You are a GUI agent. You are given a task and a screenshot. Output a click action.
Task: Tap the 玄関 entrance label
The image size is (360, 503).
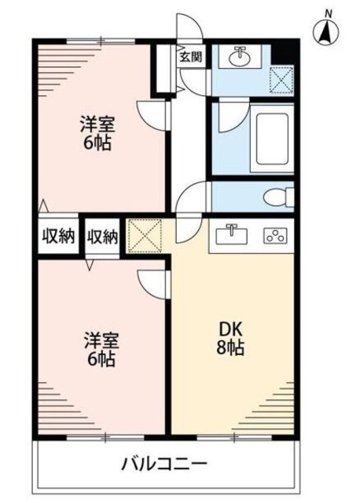[189, 57]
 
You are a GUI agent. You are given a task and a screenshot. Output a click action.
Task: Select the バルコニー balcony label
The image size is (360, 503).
[164, 463]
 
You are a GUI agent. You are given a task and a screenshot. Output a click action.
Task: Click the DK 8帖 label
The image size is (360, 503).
[230, 339]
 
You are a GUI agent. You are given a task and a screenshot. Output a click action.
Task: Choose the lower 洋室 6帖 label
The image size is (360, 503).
[100, 351]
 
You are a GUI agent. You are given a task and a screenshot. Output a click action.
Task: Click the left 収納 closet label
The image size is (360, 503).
[58, 236]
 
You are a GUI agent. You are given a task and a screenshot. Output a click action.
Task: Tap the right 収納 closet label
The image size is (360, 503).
[102, 236]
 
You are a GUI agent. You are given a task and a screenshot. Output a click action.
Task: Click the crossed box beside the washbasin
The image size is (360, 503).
[281, 79]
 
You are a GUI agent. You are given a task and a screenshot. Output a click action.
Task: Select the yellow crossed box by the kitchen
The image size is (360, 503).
[144, 235]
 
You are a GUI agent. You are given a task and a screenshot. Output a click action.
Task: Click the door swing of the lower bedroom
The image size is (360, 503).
[154, 282]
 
